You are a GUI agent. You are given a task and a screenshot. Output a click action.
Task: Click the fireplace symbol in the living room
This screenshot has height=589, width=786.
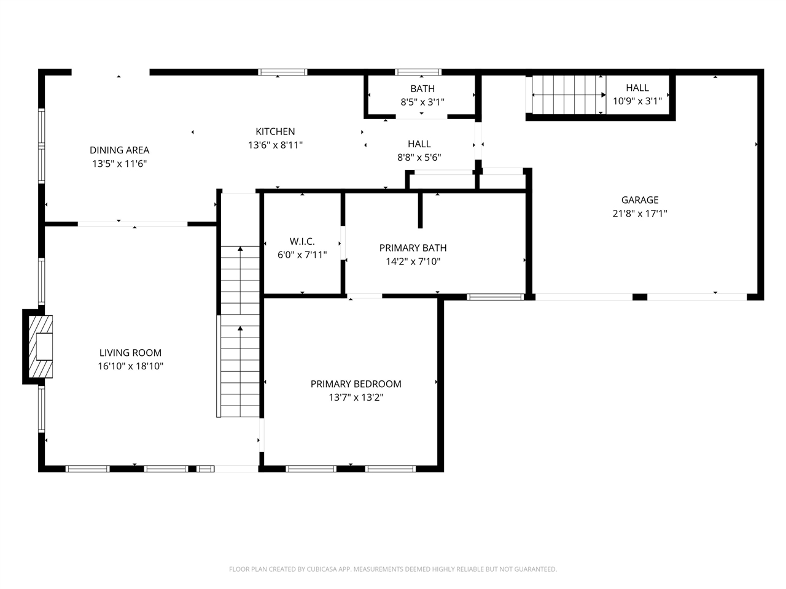click(x=41, y=346)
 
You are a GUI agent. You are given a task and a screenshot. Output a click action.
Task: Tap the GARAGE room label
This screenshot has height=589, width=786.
click(x=639, y=200)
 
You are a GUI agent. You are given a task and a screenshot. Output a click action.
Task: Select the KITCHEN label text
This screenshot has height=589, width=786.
click(x=275, y=131)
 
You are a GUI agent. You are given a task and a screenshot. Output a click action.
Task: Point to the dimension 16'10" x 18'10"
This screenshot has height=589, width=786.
click(x=130, y=366)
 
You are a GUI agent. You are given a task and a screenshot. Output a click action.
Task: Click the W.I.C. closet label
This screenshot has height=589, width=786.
click(x=302, y=241)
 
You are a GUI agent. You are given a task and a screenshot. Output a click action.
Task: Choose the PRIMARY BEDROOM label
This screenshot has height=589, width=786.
click(x=356, y=384)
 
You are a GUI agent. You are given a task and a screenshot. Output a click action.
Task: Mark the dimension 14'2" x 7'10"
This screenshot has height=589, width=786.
click(x=413, y=261)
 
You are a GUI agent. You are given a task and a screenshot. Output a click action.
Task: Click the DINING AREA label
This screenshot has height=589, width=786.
click(x=119, y=150)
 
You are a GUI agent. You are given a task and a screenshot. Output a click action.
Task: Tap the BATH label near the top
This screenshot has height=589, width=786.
click(x=422, y=89)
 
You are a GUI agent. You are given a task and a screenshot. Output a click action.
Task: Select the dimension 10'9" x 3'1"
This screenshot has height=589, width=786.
click(x=637, y=101)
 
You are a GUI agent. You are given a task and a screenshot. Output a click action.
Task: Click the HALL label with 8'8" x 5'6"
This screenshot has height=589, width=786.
click(x=419, y=144)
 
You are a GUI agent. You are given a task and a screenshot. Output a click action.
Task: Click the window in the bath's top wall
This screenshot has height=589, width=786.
click(x=418, y=72)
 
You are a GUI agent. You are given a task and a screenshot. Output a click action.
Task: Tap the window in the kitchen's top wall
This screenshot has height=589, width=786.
click(x=282, y=72)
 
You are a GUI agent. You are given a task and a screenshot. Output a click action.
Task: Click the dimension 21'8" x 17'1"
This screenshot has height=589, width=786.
click(x=639, y=214)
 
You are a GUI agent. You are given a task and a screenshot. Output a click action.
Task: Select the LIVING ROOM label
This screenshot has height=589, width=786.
click(x=130, y=353)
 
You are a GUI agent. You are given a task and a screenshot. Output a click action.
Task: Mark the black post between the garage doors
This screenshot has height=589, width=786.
click(x=639, y=297)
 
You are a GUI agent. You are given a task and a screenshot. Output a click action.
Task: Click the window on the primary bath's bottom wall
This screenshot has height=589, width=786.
click(x=495, y=297)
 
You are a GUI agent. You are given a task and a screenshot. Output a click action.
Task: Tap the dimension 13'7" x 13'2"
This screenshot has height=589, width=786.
click(x=356, y=398)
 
